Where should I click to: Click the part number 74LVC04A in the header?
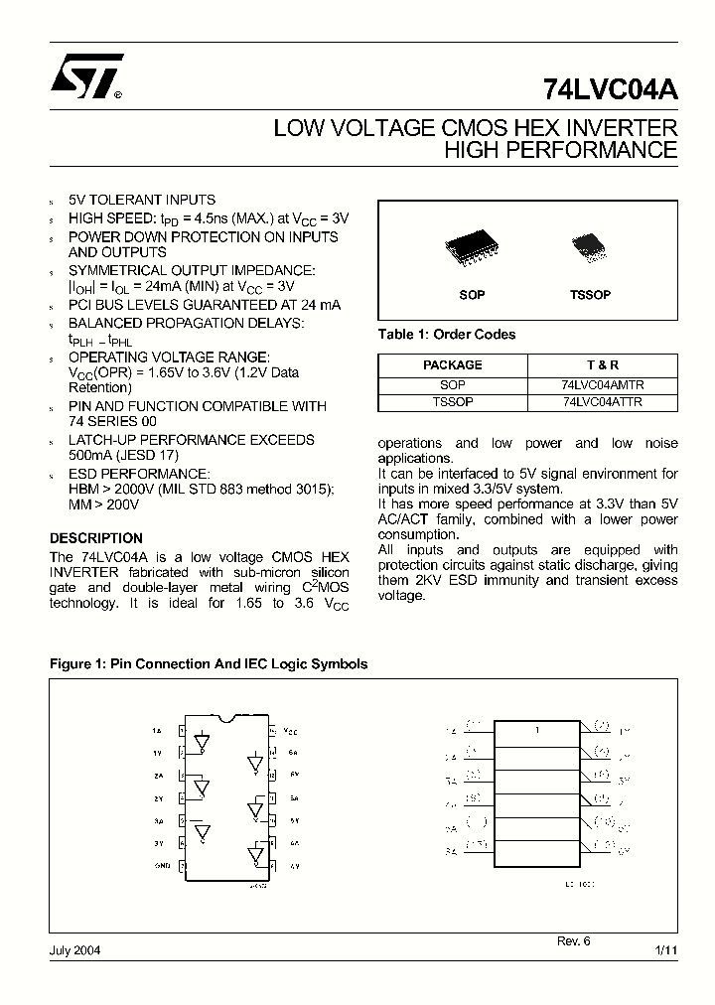click(610, 89)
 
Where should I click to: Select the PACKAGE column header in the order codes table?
click(452, 365)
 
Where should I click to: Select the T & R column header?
click(602, 365)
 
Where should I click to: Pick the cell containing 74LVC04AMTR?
click(602, 384)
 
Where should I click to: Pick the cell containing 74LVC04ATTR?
click(602, 402)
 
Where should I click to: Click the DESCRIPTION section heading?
click(96, 538)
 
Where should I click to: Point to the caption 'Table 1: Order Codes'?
click(447, 335)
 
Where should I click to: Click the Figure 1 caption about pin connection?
click(209, 664)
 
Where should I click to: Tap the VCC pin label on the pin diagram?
click(289, 730)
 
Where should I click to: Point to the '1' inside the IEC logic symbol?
click(537, 731)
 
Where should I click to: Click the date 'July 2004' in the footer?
click(74, 949)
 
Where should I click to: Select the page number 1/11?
click(666, 950)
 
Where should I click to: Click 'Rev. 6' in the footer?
click(573, 940)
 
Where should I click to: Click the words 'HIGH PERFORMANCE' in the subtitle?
click(560, 150)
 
